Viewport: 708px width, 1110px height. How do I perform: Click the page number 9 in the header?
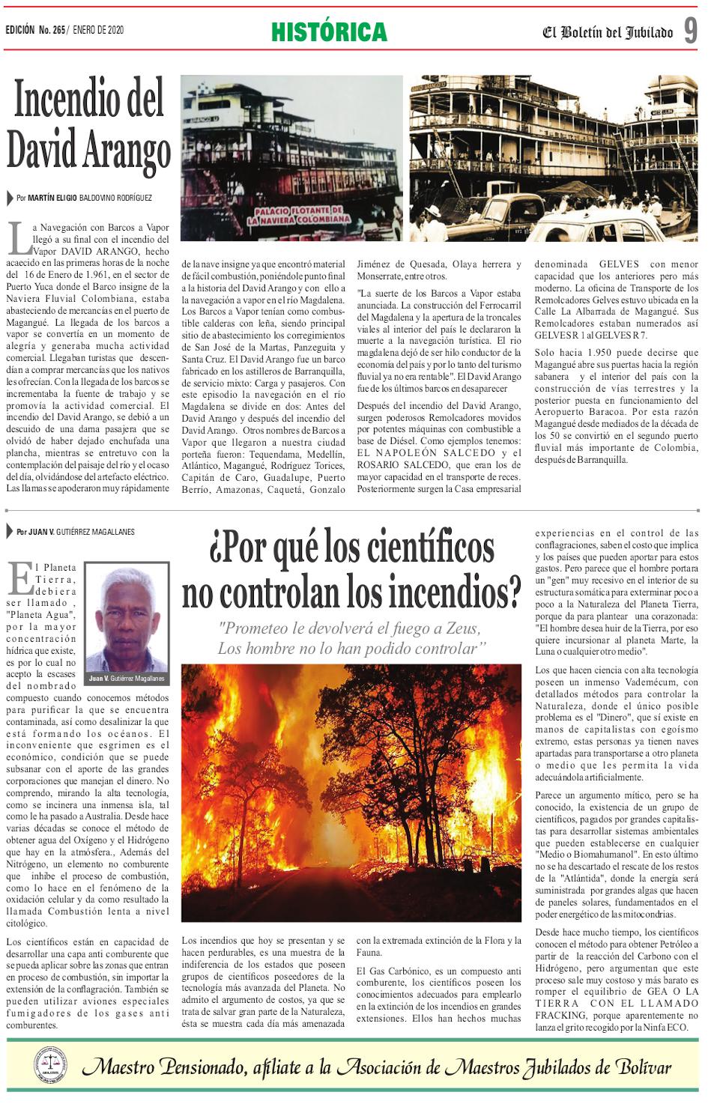690,31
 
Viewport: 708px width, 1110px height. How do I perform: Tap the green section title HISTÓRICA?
329,32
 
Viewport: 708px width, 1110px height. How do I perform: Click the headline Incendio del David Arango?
88,127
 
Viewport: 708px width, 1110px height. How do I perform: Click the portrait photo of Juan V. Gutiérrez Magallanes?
125,618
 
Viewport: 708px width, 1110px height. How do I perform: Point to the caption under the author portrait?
125,679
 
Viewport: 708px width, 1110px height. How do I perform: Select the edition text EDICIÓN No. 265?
35,31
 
